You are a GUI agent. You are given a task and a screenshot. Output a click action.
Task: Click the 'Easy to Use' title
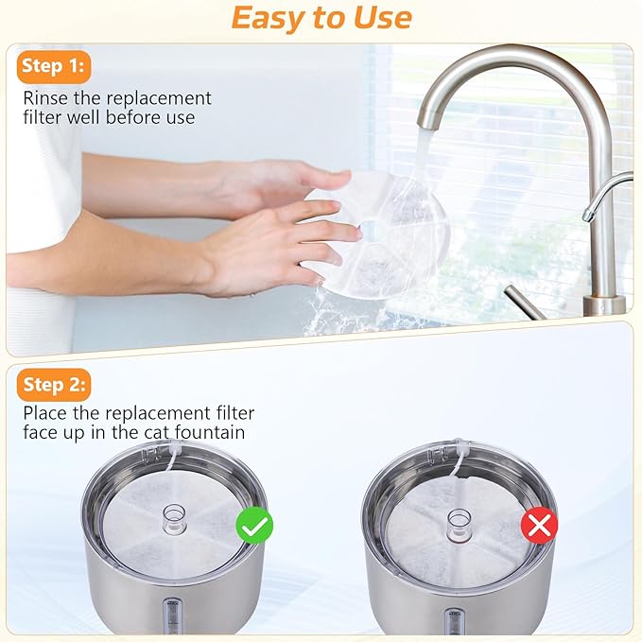(x=321, y=17)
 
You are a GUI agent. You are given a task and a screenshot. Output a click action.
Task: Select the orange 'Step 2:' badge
(x=53, y=384)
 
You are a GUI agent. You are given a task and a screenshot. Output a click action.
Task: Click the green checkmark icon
(x=254, y=526)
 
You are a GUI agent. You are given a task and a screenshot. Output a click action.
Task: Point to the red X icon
(x=539, y=526)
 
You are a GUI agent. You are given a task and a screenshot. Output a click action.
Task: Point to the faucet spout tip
(x=428, y=122)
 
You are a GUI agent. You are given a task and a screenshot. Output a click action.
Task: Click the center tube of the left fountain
(x=175, y=517)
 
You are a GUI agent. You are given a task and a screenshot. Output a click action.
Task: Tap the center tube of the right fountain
(x=459, y=520)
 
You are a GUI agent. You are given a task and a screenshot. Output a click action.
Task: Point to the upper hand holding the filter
(x=284, y=180)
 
